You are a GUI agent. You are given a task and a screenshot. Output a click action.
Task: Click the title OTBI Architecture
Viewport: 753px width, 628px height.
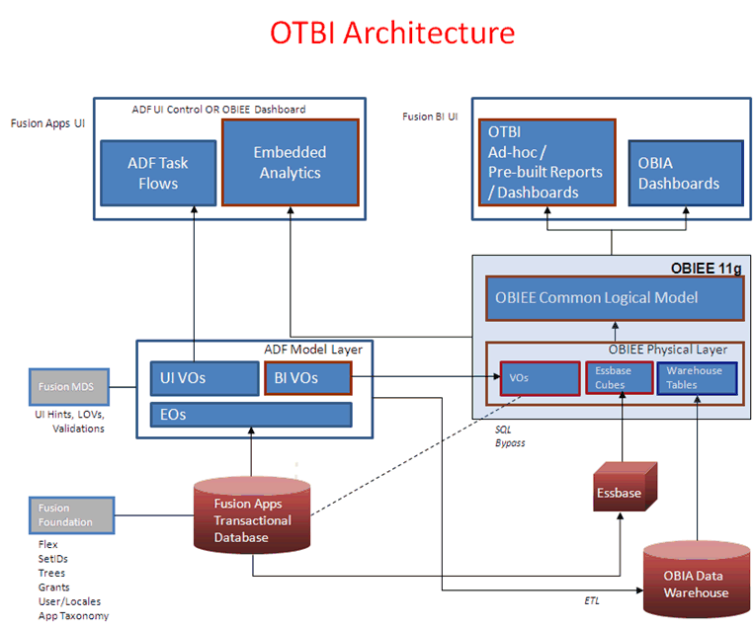(x=392, y=33)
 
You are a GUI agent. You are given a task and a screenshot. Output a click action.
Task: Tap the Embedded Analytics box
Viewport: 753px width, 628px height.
(x=289, y=162)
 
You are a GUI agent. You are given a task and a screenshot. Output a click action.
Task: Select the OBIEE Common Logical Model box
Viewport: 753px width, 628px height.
(x=614, y=298)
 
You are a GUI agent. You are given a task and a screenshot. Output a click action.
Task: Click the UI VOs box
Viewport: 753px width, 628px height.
(x=204, y=378)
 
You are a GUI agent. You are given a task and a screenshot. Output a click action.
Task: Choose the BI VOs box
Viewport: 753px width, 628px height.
(x=307, y=378)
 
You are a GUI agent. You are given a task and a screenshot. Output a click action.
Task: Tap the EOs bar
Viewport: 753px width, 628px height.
(x=250, y=415)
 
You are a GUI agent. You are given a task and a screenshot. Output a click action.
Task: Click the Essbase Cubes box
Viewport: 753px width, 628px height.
(x=620, y=378)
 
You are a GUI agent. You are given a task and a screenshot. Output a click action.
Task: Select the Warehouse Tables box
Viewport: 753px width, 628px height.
(x=697, y=378)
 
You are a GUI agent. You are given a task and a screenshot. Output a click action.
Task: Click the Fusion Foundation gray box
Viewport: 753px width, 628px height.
(x=71, y=514)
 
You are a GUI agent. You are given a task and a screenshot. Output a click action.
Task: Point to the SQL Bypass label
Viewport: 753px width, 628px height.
(x=510, y=436)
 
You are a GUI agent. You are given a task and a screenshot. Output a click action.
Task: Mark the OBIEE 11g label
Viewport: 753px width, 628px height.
(x=701, y=266)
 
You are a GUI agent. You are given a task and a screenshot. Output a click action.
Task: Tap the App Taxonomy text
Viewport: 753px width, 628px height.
(x=73, y=615)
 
